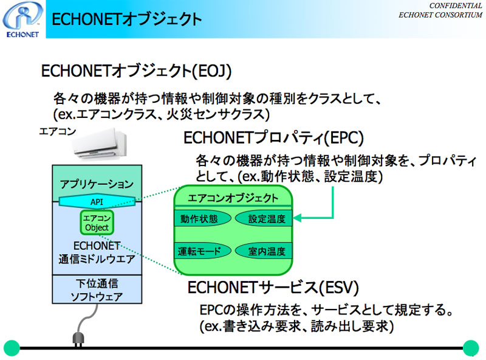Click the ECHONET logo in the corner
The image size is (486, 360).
22,19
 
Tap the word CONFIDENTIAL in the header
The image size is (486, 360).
455,5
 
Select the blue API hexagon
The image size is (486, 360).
97,201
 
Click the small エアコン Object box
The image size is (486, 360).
97,223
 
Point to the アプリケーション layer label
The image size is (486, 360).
97,184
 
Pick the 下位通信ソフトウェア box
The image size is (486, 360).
97,289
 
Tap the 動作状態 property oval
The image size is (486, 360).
202,218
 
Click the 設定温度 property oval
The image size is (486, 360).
264,218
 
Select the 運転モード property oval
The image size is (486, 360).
202,251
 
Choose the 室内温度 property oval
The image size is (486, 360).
264,251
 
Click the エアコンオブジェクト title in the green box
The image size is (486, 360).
233,198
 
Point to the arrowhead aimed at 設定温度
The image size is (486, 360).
296,218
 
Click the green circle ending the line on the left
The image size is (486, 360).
12,348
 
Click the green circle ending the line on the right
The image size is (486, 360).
471,348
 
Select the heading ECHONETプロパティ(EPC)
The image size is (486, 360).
273,138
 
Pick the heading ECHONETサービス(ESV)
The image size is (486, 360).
273,287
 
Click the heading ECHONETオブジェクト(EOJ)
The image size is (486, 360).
136,71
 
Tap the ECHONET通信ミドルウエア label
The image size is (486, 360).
97,252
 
